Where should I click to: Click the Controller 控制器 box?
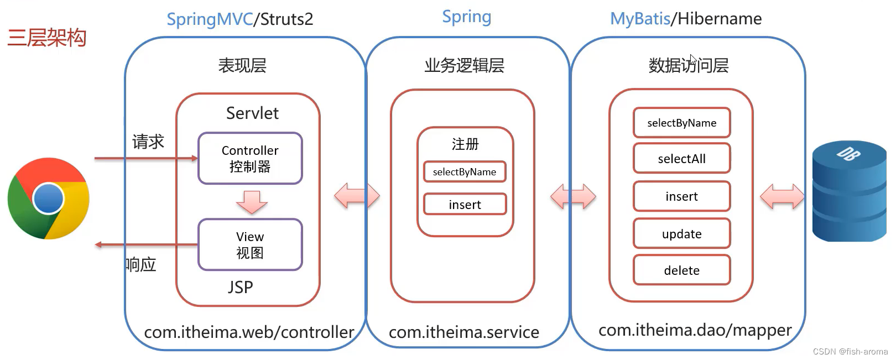[x=250, y=158]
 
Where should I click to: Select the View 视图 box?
[x=250, y=244]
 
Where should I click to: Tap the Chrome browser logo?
[x=48, y=199]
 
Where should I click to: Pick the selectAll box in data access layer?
[x=681, y=159]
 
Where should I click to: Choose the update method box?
[x=681, y=234]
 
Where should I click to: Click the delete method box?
[x=681, y=270]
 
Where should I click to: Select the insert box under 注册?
[x=465, y=205]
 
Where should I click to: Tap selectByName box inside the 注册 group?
[x=465, y=172]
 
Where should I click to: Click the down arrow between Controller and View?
[x=252, y=202]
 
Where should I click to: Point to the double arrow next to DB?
[x=782, y=196]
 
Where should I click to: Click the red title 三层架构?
[x=47, y=38]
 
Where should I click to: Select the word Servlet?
[x=252, y=113]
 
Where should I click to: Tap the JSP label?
[x=240, y=287]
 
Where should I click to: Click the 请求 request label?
[x=148, y=142]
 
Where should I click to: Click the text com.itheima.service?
[x=463, y=332]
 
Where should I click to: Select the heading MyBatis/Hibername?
[x=686, y=19]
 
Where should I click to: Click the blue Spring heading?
[x=466, y=17]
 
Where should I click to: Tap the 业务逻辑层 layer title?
[x=464, y=65]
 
